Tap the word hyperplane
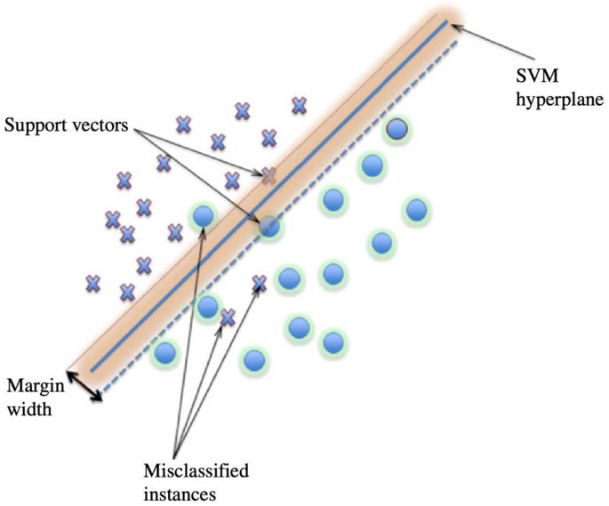(x=564, y=98)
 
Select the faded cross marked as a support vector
(x=268, y=175)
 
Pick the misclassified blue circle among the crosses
(x=204, y=215)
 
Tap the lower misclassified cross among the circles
(x=228, y=317)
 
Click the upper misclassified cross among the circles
(x=260, y=284)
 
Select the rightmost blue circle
(x=416, y=211)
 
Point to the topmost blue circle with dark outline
(x=397, y=130)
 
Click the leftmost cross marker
(x=92, y=283)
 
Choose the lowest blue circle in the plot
(x=254, y=360)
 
